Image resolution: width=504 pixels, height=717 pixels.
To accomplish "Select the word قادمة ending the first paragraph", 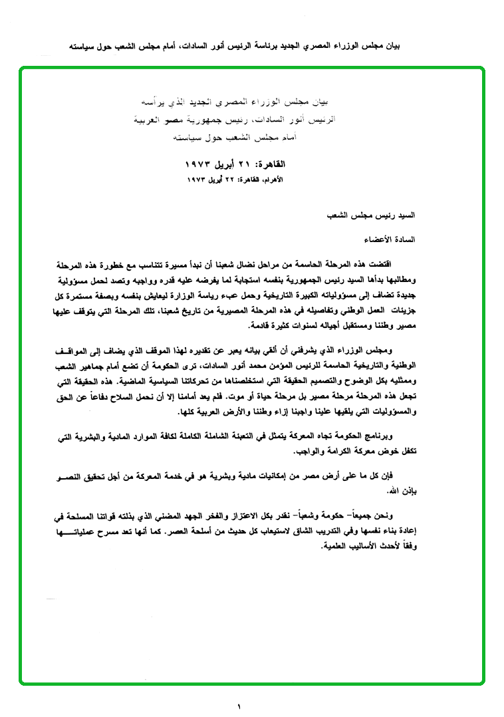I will coord(259,328).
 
